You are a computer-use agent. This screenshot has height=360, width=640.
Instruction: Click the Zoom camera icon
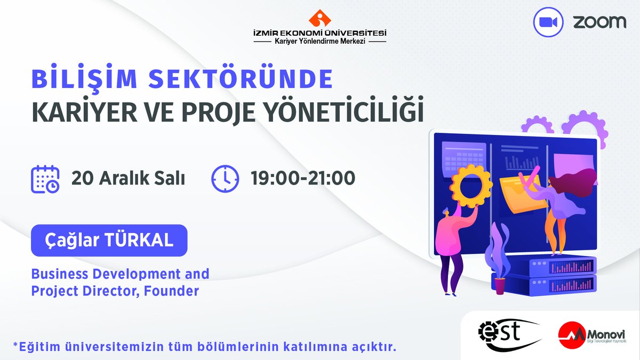click(548, 22)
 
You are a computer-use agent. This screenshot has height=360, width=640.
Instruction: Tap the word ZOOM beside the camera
click(600, 22)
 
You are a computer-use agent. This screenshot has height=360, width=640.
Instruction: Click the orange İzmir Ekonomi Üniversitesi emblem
click(319, 18)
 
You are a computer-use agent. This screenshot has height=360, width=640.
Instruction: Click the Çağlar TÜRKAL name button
click(109, 240)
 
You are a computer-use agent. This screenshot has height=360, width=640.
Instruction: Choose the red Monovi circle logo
click(570, 334)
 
